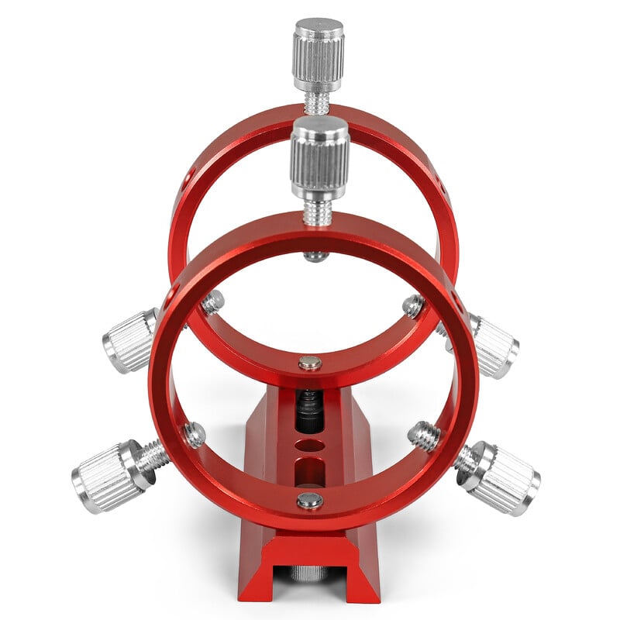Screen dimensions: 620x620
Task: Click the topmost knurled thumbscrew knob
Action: [x=318, y=54]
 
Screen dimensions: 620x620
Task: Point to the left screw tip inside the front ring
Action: [x=194, y=434]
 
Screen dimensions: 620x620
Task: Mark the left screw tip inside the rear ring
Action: [x=213, y=301]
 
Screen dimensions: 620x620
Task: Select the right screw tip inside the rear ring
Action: [x=413, y=306]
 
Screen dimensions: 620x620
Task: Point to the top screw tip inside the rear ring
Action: [x=315, y=255]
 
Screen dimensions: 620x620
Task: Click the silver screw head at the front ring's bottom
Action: [x=310, y=501]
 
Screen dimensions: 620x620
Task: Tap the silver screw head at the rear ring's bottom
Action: [x=310, y=362]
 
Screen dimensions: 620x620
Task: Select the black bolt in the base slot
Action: [x=309, y=411]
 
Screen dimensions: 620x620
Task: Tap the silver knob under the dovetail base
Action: [x=308, y=573]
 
